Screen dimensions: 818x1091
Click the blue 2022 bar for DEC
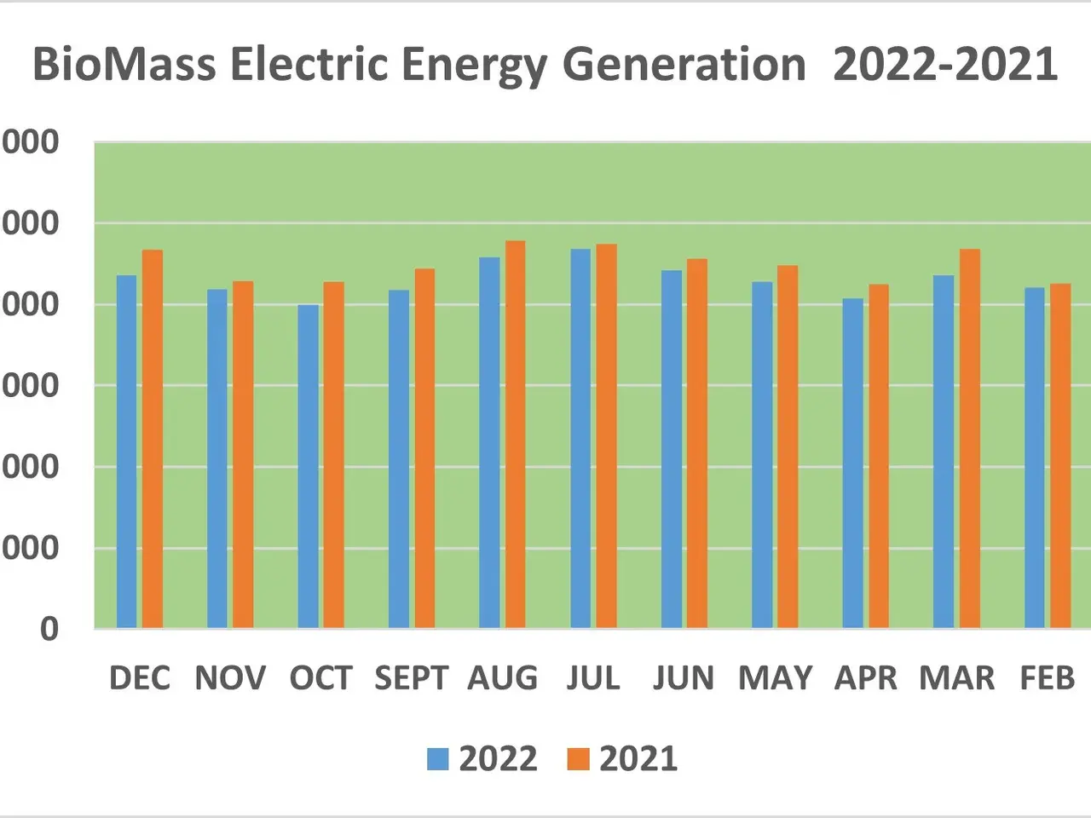(x=126, y=452)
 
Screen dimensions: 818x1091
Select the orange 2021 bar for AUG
(x=515, y=435)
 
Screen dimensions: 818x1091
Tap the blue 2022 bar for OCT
(x=308, y=466)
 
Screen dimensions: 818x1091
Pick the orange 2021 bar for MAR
(x=969, y=439)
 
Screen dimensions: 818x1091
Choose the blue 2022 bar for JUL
(x=580, y=439)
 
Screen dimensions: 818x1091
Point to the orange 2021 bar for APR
(x=879, y=457)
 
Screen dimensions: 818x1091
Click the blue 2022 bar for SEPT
(x=398, y=459)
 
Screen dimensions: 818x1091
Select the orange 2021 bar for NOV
(x=243, y=455)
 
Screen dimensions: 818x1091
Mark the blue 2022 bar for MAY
(x=762, y=455)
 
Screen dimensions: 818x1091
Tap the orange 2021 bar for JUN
(x=696, y=444)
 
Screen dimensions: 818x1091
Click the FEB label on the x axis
(x=1048, y=678)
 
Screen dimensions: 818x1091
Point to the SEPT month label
(x=411, y=678)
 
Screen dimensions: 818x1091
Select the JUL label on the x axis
(x=593, y=678)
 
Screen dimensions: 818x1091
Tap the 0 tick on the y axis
(x=49, y=629)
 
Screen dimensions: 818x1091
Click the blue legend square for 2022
(x=437, y=759)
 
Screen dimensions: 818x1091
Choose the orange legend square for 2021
(x=578, y=759)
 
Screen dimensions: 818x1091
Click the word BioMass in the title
(x=124, y=65)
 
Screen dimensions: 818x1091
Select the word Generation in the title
(x=684, y=65)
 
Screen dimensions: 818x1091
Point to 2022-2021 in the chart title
(x=944, y=65)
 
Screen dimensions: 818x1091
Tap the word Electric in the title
(x=309, y=65)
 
